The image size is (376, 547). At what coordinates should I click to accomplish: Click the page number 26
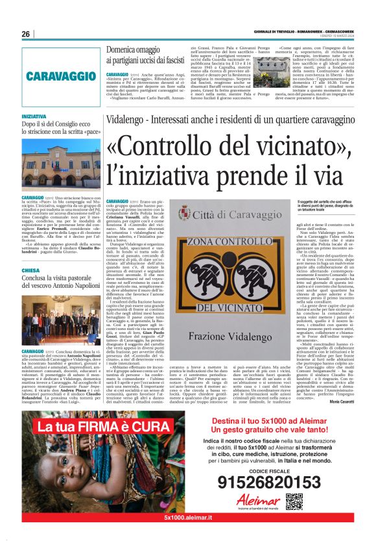(26, 34)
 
